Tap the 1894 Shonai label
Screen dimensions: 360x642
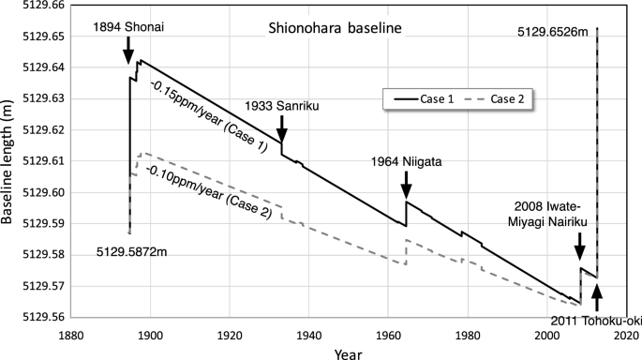coord(129,28)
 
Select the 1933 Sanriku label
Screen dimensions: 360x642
coord(282,105)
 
